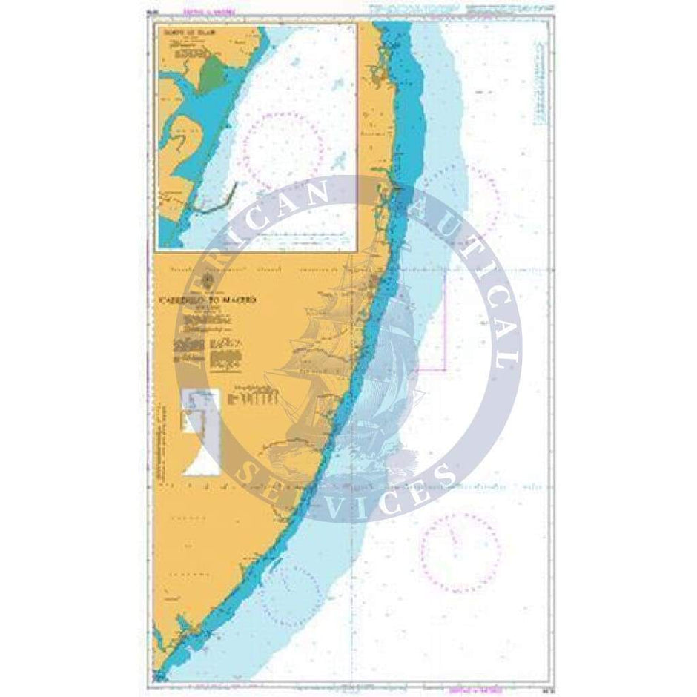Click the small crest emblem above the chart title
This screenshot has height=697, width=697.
(208, 280)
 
